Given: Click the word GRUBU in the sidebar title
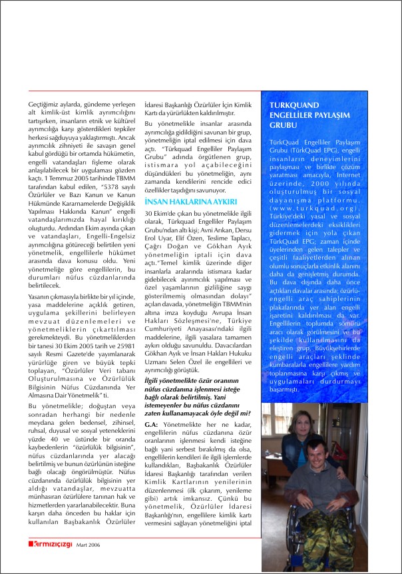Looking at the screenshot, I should point(283,125).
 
